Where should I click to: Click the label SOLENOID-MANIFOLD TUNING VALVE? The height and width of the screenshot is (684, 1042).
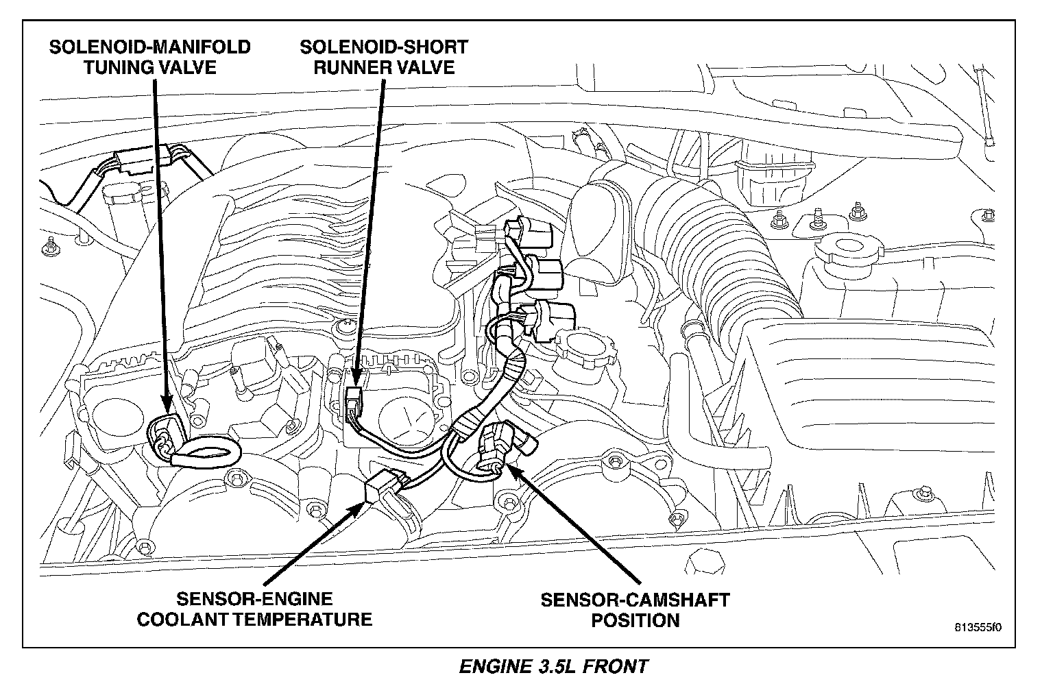tap(149, 57)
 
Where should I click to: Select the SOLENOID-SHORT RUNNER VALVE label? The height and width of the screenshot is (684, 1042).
tap(384, 57)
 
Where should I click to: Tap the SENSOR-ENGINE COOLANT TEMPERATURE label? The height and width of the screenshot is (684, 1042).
tap(254, 609)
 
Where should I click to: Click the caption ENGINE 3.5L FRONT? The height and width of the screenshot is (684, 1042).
tap(553, 666)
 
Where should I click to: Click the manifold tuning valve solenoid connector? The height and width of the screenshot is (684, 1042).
tap(165, 439)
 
